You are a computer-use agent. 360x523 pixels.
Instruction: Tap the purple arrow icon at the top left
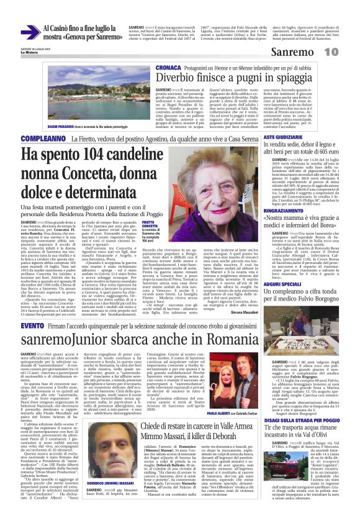[x=30, y=32]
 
